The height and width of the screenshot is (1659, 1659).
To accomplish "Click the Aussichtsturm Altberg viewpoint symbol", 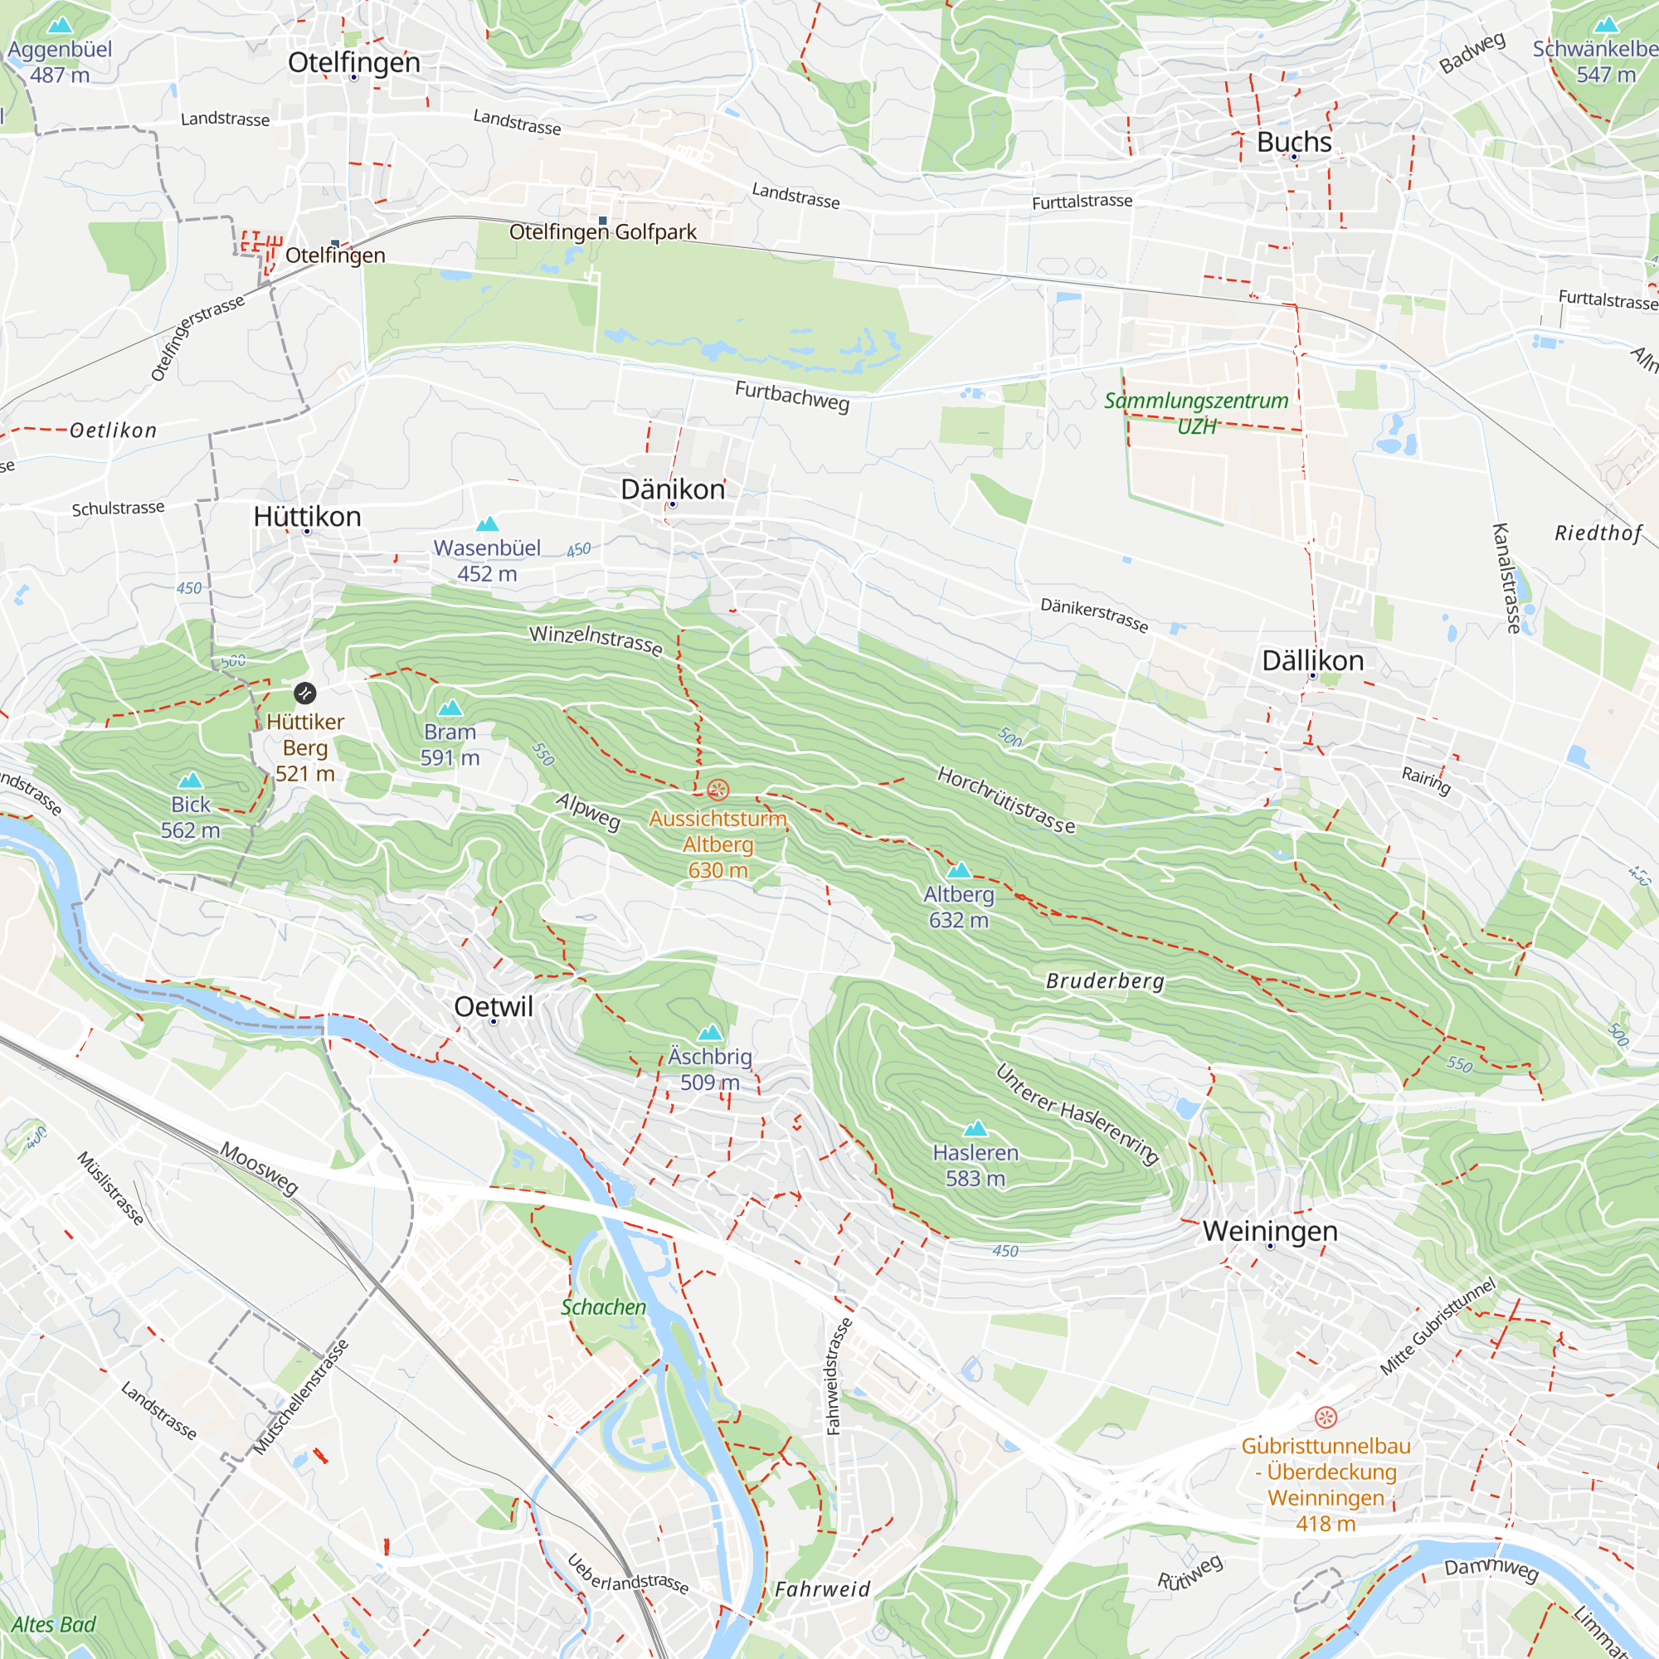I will pos(718,789).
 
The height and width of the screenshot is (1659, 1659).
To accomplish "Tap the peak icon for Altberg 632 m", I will pos(958,870).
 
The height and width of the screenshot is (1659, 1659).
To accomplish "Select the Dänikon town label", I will pos(673,489).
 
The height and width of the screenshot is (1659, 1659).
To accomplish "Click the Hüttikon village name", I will pos(307,516).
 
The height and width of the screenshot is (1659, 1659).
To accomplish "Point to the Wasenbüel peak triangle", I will pos(487,523).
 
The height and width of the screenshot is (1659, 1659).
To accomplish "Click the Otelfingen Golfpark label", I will pos(603,232).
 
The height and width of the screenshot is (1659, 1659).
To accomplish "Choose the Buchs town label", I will pos(1293,142).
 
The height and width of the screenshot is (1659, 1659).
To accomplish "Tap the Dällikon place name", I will pos(1312,660).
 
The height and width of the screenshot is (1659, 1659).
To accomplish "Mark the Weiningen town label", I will pos(1269,1230).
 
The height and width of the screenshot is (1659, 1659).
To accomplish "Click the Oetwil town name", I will pos(493,1006).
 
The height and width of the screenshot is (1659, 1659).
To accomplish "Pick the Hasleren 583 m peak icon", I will pos(975,1128).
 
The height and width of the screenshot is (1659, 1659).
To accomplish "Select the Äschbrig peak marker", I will pos(709,1032).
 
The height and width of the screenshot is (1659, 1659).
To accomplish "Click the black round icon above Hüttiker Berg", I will pos(304,693).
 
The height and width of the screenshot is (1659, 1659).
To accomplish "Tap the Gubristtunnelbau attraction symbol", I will pos(1325,1417).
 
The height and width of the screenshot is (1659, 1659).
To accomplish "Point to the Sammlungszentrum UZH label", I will pos(1195,413).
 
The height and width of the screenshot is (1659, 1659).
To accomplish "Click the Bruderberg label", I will pos(1104,980).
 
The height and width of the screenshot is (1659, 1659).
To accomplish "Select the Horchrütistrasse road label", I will pos(1005,800).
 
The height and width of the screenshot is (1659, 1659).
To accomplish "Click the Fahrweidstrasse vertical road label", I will pos(838,1375).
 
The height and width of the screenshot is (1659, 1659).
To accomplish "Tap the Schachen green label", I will pos(603,1307).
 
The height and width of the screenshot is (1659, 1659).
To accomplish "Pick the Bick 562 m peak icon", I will pos(190,780).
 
